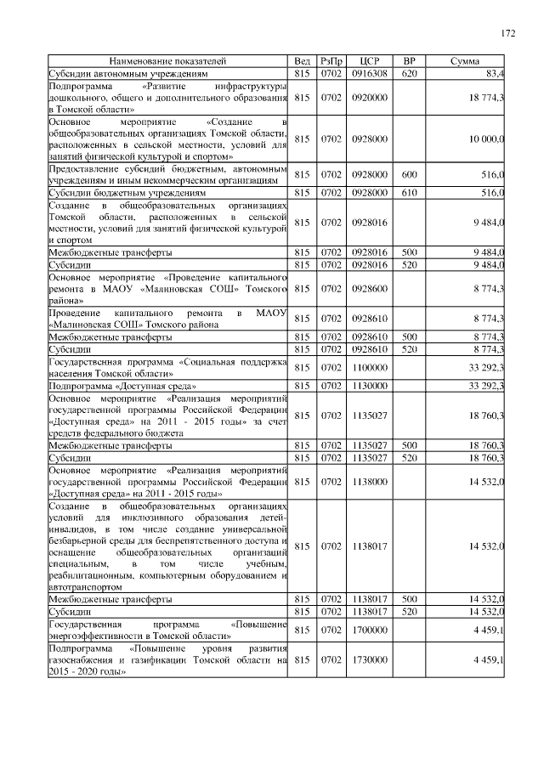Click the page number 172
[x=508, y=33]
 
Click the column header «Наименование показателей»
[x=167, y=62]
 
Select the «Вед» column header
[x=302, y=62]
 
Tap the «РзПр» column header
[x=331, y=62]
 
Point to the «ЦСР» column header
[x=369, y=62]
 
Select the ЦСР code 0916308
[x=369, y=74]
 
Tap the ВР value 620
[x=409, y=74]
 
